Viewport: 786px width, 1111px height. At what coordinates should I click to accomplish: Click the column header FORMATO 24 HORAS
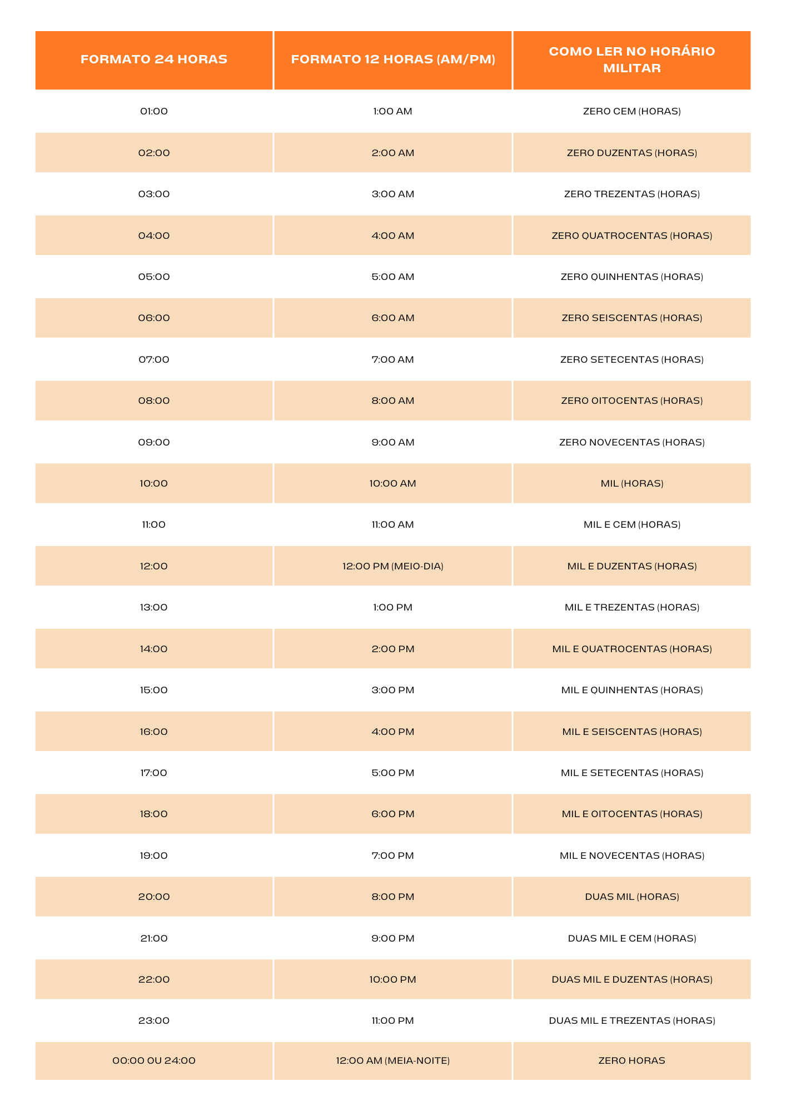coord(154,59)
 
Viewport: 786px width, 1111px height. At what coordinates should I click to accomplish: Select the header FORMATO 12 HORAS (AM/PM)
coord(392,59)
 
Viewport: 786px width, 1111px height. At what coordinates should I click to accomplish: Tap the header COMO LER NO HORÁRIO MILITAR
coord(631,59)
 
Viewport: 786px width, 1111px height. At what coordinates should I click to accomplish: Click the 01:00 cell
coord(154,111)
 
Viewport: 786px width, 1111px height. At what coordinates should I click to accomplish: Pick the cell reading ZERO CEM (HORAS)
coord(631,111)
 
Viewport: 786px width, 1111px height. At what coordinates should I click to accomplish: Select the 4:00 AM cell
coord(392,236)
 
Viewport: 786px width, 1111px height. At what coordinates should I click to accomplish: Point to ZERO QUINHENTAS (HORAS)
coord(631,277)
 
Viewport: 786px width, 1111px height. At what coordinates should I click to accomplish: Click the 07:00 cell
coord(154,359)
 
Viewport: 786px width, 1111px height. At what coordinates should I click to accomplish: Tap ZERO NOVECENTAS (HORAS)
coord(631,442)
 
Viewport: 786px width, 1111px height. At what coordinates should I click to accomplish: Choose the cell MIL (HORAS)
coord(631,483)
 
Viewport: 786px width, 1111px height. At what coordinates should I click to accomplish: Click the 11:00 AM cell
coord(392,524)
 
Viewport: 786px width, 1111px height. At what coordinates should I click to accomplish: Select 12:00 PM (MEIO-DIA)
coord(392,566)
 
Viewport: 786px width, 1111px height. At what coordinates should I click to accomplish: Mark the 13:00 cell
coord(154,607)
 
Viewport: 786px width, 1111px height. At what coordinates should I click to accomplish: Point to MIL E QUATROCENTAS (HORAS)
coord(631,649)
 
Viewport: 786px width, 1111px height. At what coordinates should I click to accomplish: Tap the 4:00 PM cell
coord(392,732)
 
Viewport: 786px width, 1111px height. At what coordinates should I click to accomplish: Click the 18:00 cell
coord(154,814)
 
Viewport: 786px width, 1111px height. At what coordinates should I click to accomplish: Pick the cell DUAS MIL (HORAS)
coord(631,897)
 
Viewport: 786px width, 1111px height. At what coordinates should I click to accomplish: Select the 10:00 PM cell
coord(392,979)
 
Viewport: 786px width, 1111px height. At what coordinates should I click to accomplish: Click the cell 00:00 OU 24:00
coord(154,1060)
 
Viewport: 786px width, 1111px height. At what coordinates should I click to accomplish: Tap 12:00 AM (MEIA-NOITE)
coord(392,1060)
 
